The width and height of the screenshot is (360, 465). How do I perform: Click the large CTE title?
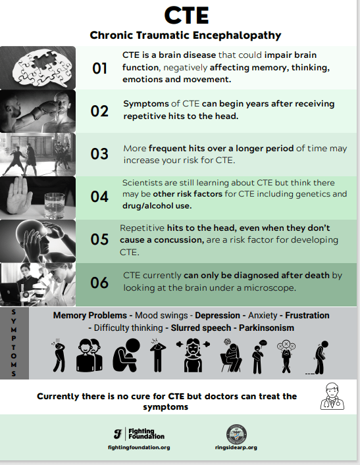coord(187,15)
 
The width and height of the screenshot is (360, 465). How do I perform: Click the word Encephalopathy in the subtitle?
coord(237,36)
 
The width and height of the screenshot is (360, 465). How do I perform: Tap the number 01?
coord(99,68)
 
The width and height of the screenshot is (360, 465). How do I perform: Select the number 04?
coord(99,197)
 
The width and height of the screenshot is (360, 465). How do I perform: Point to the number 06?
coord(99,283)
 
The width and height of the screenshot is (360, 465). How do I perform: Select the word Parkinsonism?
coord(267,328)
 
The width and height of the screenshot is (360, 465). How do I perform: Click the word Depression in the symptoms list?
coord(217,315)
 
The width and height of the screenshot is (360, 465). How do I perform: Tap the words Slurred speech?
coord(201,328)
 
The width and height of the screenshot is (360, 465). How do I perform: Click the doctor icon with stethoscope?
coord(332,397)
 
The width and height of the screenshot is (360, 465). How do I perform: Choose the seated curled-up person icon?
coord(126,355)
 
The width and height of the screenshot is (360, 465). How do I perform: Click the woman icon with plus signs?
coord(193,356)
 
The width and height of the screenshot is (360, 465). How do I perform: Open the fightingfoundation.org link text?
coord(139,447)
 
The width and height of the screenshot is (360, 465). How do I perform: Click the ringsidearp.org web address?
coord(236,447)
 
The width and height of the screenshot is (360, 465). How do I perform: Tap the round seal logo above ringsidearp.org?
coord(236,434)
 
